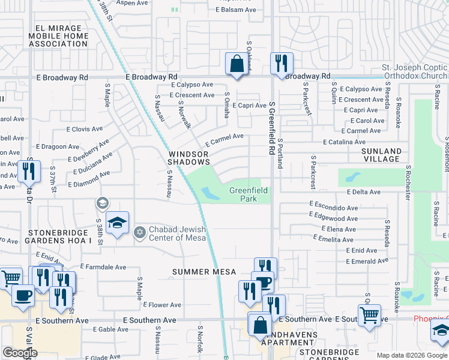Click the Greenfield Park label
tap(244, 194)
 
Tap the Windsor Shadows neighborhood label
tap(188, 158)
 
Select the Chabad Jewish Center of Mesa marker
tap(140, 232)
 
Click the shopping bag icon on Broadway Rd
tap(237, 64)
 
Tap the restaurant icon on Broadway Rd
tap(282, 64)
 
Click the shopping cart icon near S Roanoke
tap(369, 314)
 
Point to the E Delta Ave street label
tap(363, 192)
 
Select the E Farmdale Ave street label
tap(103, 266)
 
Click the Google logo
tap(20, 353)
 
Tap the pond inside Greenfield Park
tap(210, 193)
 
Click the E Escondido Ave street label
tap(333, 204)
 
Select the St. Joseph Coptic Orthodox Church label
tap(415, 72)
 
